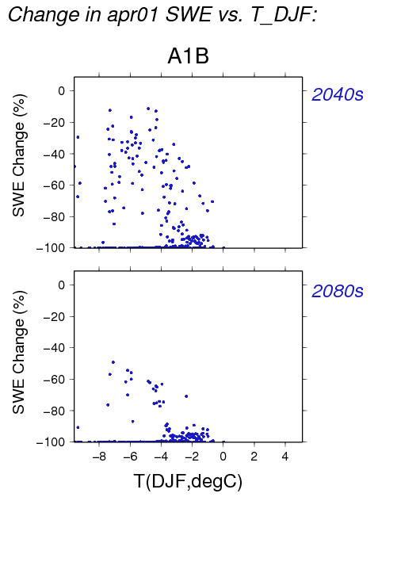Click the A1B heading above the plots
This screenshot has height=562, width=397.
pyautogui.click(x=188, y=56)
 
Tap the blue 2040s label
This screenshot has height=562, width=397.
pyautogui.click(x=338, y=94)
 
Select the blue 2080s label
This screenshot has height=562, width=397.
pyautogui.click(x=338, y=291)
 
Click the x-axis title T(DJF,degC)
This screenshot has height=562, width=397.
pyautogui.click(x=188, y=481)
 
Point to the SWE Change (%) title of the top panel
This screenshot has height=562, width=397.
pyautogui.click(x=19, y=155)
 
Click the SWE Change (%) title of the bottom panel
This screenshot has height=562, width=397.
pyautogui.click(x=19, y=352)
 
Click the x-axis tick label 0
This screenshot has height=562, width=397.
pyautogui.click(x=223, y=457)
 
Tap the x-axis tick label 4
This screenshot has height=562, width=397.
pyautogui.click(x=285, y=457)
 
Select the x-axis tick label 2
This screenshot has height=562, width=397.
pyautogui.click(x=254, y=457)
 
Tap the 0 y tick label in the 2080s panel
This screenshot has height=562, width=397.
pyautogui.click(x=62, y=285)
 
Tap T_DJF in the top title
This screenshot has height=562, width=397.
pyautogui.click(x=281, y=15)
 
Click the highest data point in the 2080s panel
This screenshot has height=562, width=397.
pyautogui.click(x=113, y=362)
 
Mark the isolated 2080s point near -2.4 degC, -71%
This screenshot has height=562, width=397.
pyautogui.click(x=186, y=396)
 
